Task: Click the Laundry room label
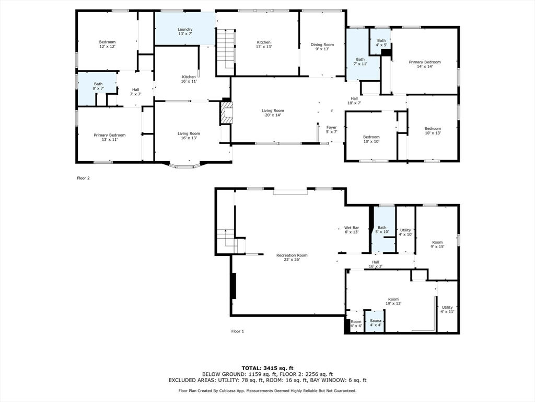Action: point(185,31)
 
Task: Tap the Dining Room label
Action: point(322,47)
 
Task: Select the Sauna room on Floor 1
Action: point(375,321)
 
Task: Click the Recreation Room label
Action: point(292,257)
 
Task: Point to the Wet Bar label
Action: point(352,230)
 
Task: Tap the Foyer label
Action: point(331,129)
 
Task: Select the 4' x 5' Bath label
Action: point(381,42)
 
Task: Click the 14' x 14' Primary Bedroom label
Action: point(425,64)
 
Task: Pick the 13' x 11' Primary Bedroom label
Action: point(110,137)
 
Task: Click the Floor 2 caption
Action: point(83,178)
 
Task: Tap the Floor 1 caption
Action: point(238,331)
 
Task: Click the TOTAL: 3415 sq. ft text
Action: point(267,368)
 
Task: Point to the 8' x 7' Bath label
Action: point(98,86)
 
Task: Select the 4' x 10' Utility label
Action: point(405,232)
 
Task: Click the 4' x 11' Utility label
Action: point(447,309)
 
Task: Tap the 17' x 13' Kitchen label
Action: point(264,44)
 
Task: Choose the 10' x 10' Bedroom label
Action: point(371,139)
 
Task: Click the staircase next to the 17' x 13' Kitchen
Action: point(226,52)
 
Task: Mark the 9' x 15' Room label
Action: point(437,244)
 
